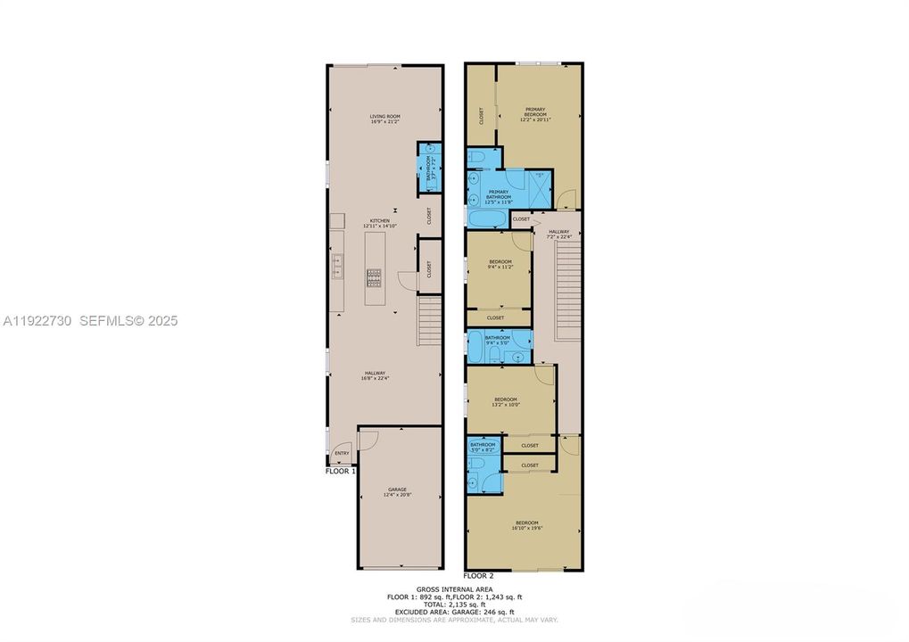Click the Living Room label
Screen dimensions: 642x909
(x=384, y=119)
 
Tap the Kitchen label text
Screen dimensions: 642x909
(x=381, y=224)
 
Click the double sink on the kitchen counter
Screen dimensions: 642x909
(x=339, y=264)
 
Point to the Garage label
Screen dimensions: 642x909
(x=397, y=491)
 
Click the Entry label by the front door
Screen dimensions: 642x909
(x=341, y=454)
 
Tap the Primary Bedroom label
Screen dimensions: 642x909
(x=535, y=112)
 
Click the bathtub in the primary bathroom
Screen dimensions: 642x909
(x=487, y=218)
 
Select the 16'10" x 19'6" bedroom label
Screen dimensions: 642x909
(x=526, y=525)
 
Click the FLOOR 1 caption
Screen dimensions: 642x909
(x=341, y=472)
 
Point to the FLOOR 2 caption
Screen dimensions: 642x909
(x=479, y=577)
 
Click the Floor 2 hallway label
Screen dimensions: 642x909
(x=558, y=235)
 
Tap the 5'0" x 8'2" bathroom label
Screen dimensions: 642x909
(x=483, y=447)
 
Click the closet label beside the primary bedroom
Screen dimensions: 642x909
(x=481, y=115)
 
